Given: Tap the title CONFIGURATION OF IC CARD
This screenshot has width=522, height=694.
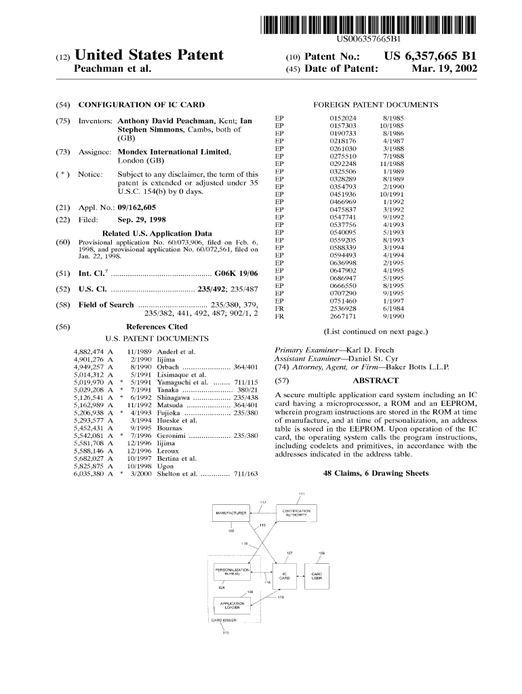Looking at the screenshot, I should point(151,105).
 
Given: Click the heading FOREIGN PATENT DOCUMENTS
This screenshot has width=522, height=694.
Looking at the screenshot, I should point(376,105).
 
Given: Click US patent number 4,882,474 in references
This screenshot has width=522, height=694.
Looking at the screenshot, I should point(89,352).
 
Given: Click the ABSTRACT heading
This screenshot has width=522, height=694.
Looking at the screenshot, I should point(376,380).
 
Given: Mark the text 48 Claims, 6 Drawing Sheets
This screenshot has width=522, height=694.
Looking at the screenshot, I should point(376,472).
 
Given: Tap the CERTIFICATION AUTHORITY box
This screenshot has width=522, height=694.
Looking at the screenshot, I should point(296,513).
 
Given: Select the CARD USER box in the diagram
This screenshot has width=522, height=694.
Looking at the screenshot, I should point(317,577).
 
